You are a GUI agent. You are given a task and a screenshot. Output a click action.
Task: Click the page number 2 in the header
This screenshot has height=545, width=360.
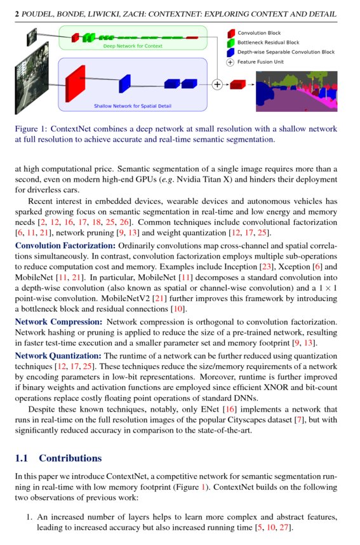(x=17, y=13)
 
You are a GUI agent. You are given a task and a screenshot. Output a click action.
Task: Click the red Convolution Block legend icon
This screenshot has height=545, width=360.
(x=231, y=33)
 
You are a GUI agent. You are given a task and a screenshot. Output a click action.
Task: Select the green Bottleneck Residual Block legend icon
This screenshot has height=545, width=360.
(x=231, y=43)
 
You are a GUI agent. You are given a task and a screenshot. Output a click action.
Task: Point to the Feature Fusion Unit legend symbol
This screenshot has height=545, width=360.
(x=231, y=62)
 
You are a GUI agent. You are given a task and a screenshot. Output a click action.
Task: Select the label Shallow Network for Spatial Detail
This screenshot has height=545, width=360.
(x=132, y=106)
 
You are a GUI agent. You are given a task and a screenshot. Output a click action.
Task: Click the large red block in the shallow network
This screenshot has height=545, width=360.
(x=75, y=83)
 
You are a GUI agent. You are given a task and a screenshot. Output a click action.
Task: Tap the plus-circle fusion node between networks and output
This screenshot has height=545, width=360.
(x=217, y=84)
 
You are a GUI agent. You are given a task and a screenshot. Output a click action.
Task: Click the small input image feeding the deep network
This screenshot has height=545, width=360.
(x=32, y=39)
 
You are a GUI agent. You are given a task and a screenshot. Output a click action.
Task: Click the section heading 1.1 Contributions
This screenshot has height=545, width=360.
(x=58, y=458)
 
